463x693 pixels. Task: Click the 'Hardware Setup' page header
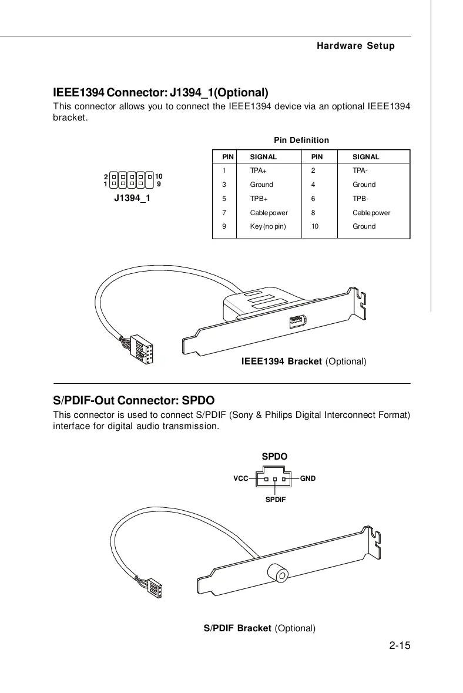(355, 46)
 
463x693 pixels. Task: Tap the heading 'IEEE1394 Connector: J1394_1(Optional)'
(160, 93)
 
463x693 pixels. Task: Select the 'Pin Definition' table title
(301, 140)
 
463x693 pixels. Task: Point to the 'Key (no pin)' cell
(268, 226)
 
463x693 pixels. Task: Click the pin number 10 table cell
(316, 226)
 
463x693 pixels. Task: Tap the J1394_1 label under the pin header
(132, 198)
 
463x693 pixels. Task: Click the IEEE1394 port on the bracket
(297, 323)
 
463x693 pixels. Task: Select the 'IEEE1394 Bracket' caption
(304, 360)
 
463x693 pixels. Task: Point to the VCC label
(240, 478)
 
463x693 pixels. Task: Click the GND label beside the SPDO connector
(308, 478)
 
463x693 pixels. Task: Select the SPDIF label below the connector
(274, 499)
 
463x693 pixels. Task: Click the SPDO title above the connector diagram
(274, 456)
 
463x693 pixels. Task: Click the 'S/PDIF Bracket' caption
(259, 628)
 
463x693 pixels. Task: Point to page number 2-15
(399, 647)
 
